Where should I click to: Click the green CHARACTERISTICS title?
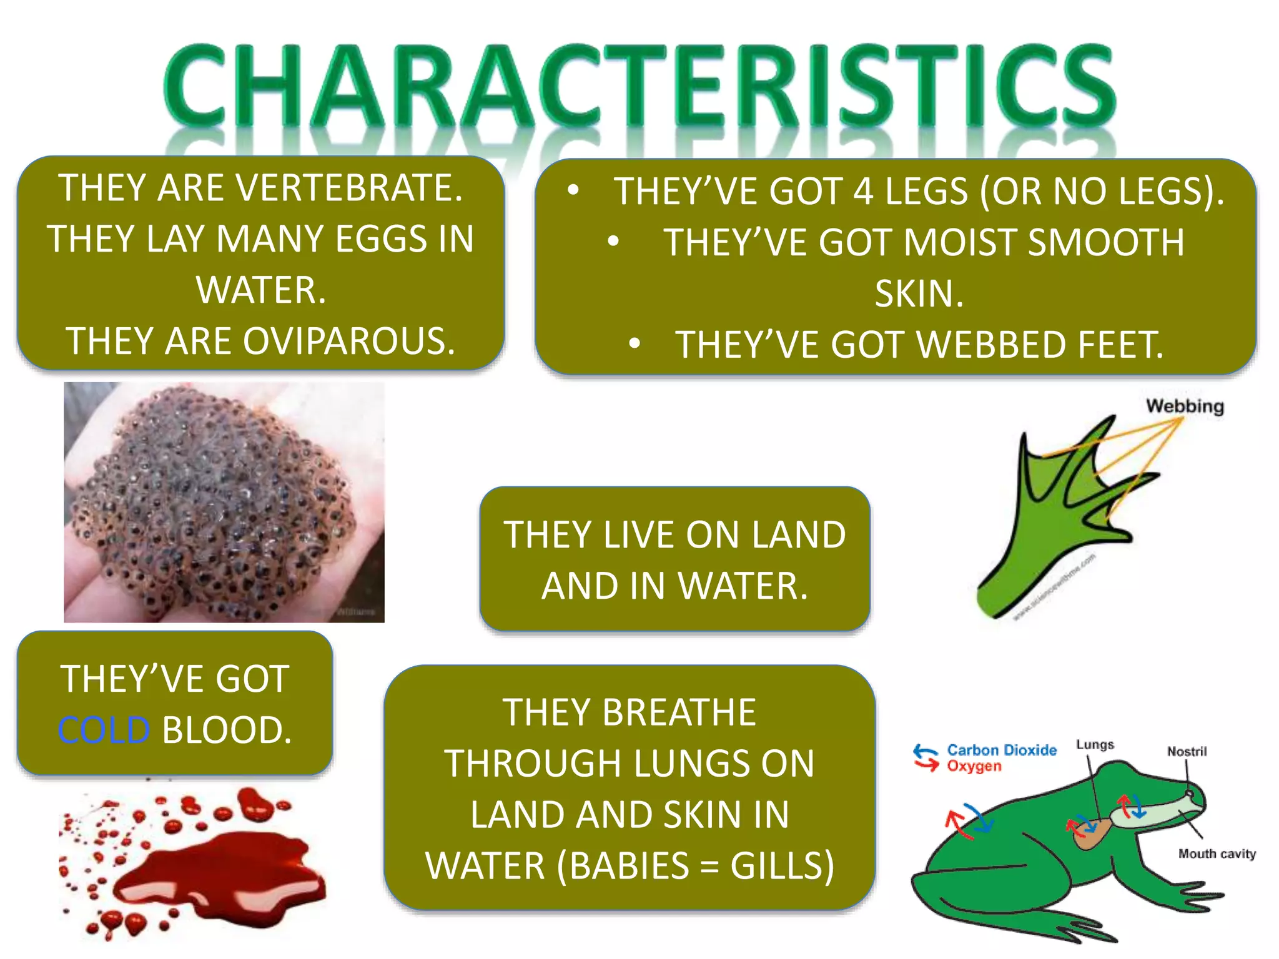(639, 87)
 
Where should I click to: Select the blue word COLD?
(104, 730)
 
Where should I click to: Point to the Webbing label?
(1184, 406)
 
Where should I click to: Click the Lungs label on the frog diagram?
(1094, 745)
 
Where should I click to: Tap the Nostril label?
(1187, 752)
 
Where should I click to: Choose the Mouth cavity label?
(1217, 853)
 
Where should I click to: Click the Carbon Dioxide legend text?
(1001, 750)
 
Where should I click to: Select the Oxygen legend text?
(974, 766)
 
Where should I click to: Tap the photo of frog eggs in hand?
(224, 503)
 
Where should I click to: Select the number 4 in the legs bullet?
(863, 192)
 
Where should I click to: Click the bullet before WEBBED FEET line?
(635, 343)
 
